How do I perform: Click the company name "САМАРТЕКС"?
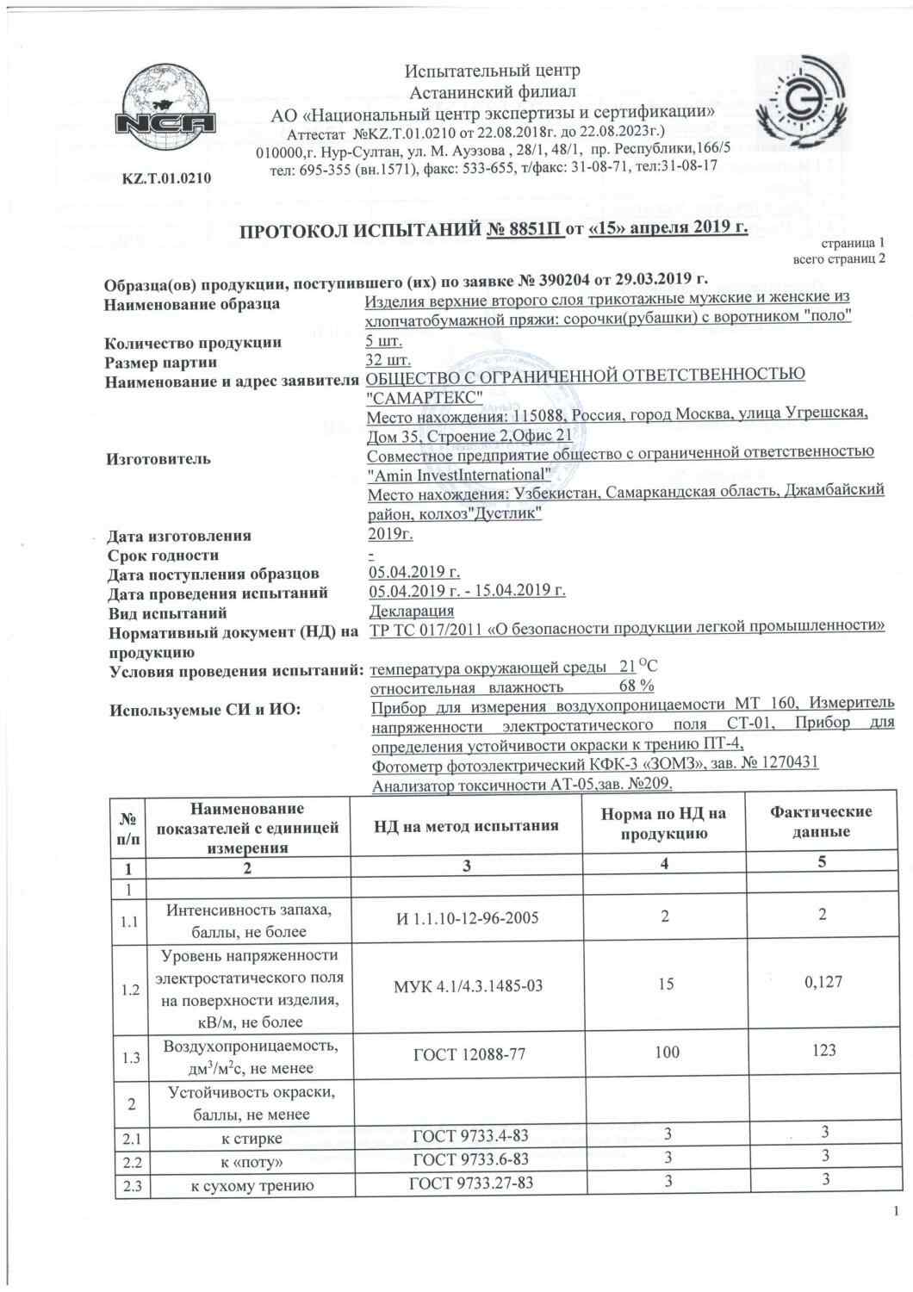tap(425, 395)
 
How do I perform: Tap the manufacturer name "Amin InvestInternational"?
tap(459, 475)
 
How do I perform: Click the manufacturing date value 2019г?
tap(390, 535)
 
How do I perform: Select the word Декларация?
tap(412, 612)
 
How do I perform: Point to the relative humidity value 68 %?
tap(637, 686)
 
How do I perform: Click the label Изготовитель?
tap(158, 459)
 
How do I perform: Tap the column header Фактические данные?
tap(822, 822)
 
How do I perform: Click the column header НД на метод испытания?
tap(466, 825)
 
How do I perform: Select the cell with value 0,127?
tap(822, 981)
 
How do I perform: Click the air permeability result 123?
tap(823, 1050)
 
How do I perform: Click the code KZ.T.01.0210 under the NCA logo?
tap(166, 179)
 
